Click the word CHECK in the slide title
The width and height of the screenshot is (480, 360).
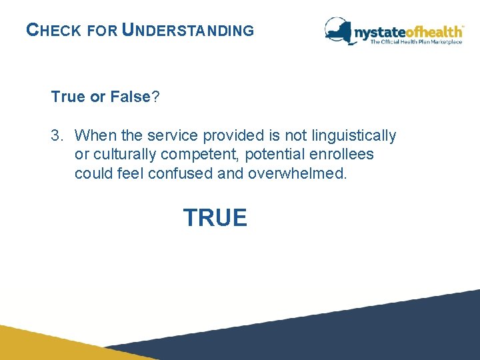(x=53, y=30)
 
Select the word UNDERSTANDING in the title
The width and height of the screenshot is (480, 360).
(x=189, y=30)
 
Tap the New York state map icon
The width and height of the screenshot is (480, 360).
(x=339, y=30)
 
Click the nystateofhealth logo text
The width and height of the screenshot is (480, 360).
(x=408, y=31)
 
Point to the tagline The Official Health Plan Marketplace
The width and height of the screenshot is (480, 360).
(x=416, y=42)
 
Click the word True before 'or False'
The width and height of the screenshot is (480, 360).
(x=69, y=97)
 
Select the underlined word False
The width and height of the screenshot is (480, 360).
(x=129, y=97)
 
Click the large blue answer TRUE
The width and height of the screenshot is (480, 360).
(x=215, y=218)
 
